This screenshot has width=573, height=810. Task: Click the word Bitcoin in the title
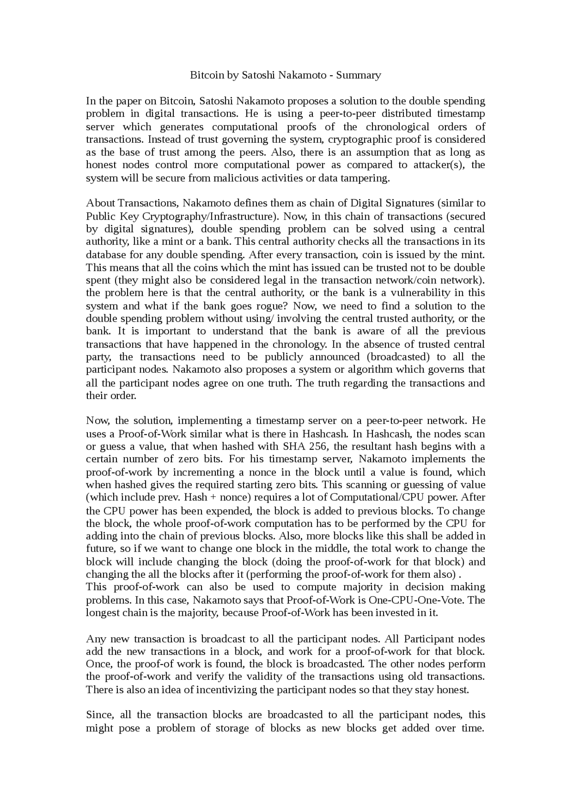207,75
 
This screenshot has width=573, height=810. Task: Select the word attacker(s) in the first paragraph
439,165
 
